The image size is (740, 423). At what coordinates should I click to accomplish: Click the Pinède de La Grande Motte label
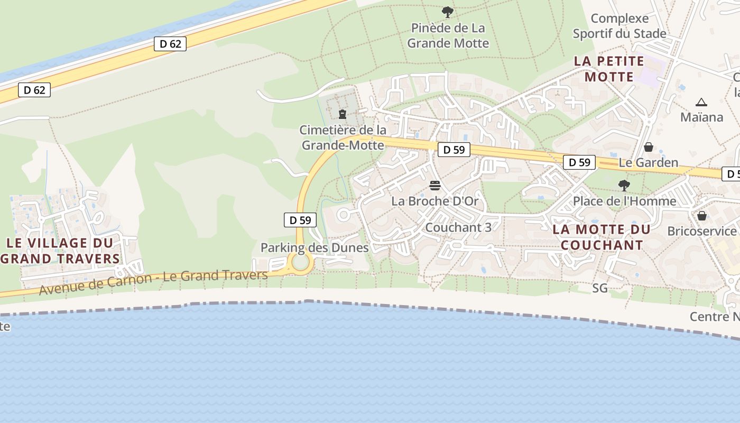pyautogui.click(x=448, y=35)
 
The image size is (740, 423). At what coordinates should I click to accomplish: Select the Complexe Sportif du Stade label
pyautogui.click(x=619, y=26)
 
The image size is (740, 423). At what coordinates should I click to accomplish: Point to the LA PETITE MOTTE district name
pyautogui.click(x=609, y=69)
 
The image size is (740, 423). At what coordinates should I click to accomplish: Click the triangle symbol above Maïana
pyautogui.click(x=701, y=102)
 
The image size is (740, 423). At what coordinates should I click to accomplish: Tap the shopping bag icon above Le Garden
pyautogui.click(x=649, y=147)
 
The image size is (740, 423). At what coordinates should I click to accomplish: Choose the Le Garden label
pyautogui.click(x=649, y=162)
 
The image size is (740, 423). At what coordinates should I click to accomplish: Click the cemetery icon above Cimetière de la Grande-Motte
pyautogui.click(x=343, y=114)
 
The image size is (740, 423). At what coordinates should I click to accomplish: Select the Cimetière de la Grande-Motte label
pyautogui.click(x=343, y=137)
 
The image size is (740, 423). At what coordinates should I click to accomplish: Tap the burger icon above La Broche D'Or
pyautogui.click(x=435, y=186)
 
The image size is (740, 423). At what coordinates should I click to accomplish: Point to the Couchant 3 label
pyautogui.click(x=458, y=227)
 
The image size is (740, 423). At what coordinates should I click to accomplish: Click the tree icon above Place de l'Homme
pyautogui.click(x=624, y=186)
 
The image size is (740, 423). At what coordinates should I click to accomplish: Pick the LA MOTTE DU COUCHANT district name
pyautogui.click(x=602, y=237)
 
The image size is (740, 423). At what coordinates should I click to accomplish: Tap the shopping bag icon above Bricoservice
pyautogui.click(x=702, y=216)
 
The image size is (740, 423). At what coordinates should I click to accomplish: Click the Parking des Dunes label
pyautogui.click(x=314, y=247)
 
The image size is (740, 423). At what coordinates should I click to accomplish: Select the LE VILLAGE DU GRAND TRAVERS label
pyautogui.click(x=60, y=251)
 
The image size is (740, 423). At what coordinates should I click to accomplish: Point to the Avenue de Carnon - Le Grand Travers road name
pyautogui.click(x=153, y=282)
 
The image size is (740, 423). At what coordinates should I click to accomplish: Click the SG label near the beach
pyautogui.click(x=600, y=288)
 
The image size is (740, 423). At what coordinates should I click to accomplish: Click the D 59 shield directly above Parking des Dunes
pyautogui.click(x=300, y=220)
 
